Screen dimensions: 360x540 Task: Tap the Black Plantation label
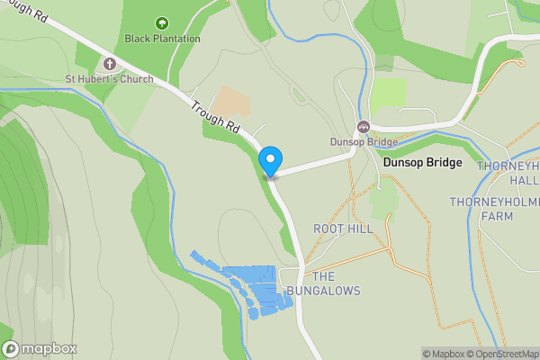(162, 40)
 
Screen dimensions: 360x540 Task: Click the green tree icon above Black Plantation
(162, 23)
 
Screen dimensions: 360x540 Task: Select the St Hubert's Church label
(109, 79)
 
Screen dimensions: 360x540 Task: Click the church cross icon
(110, 64)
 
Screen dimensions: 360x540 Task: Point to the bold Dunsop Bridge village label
(422, 163)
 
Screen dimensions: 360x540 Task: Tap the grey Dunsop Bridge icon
(364, 126)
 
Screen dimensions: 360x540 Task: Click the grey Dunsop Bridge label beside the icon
(364, 141)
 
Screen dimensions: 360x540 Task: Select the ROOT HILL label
(342, 229)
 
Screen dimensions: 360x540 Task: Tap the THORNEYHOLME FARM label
(494, 209)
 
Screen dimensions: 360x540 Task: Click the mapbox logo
(40, 348)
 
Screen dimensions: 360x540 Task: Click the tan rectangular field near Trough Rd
(232, 102)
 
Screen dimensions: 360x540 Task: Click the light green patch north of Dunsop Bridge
(389, 93)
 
